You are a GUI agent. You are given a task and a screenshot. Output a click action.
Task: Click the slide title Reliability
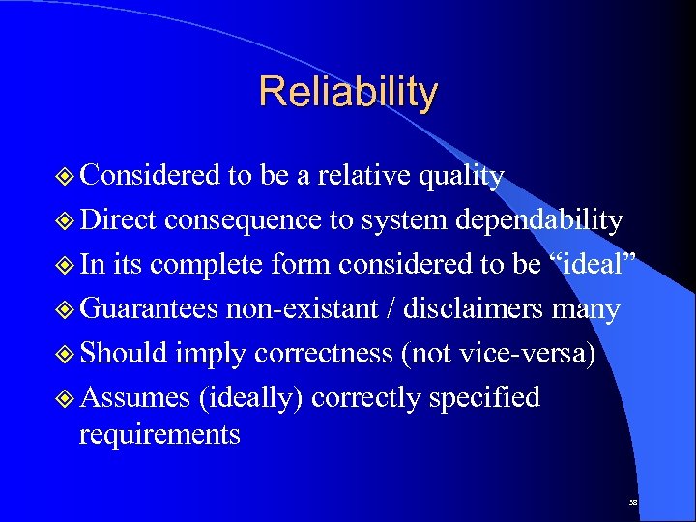coord(348,92)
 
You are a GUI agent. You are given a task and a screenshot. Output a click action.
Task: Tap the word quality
coord(461,176)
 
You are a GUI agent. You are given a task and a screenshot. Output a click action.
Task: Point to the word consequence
coord(244,220)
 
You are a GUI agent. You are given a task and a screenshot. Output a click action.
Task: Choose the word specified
coord(484,397)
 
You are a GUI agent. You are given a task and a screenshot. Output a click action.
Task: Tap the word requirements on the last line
coord(159,435)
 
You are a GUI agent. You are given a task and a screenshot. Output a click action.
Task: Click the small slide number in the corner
coord(632,504)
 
